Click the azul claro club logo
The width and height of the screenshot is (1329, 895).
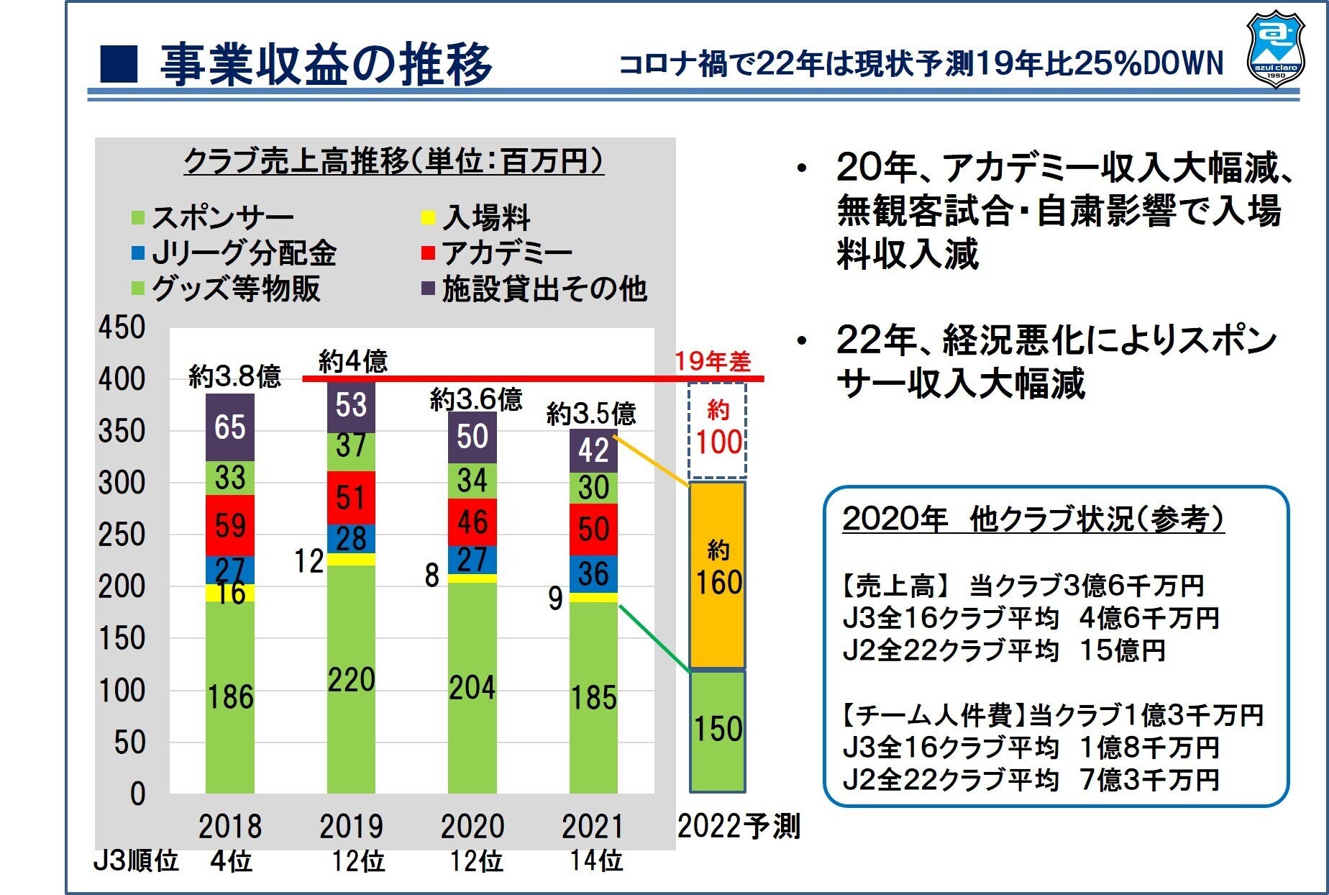click(x=1275, y=49)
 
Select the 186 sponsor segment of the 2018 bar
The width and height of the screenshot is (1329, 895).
click(x=230, y=696)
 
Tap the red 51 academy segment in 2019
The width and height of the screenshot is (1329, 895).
click(x=351, y=497)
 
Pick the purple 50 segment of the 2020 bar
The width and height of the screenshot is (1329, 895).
click(x=472, y=437)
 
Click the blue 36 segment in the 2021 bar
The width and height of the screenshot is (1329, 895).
click(x=593, y=574)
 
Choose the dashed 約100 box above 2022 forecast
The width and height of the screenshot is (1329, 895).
click(x=718, y=430)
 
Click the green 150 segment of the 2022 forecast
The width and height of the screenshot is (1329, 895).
click(x=718, y=730)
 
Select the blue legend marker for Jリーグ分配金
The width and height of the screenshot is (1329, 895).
click(x=138, y=253)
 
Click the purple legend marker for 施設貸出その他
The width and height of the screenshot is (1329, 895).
click(x=428, y=289)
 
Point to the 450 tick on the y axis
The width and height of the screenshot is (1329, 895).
click(x=122, y=327)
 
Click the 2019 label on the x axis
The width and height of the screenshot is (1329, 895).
click(x=351, y=826)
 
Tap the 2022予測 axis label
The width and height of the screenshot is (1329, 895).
click(x=739, y=826)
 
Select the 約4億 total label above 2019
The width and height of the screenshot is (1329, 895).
click(x=352, y=360)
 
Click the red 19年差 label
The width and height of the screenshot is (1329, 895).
click(x=712, y=361)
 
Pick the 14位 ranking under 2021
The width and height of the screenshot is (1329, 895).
click(x=596, y=860)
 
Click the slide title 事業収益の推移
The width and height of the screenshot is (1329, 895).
click(x=326, y=63)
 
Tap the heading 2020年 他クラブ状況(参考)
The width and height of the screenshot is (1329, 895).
click(x=1033, y=519)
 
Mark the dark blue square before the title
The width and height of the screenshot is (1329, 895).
click(x=118, y=63)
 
